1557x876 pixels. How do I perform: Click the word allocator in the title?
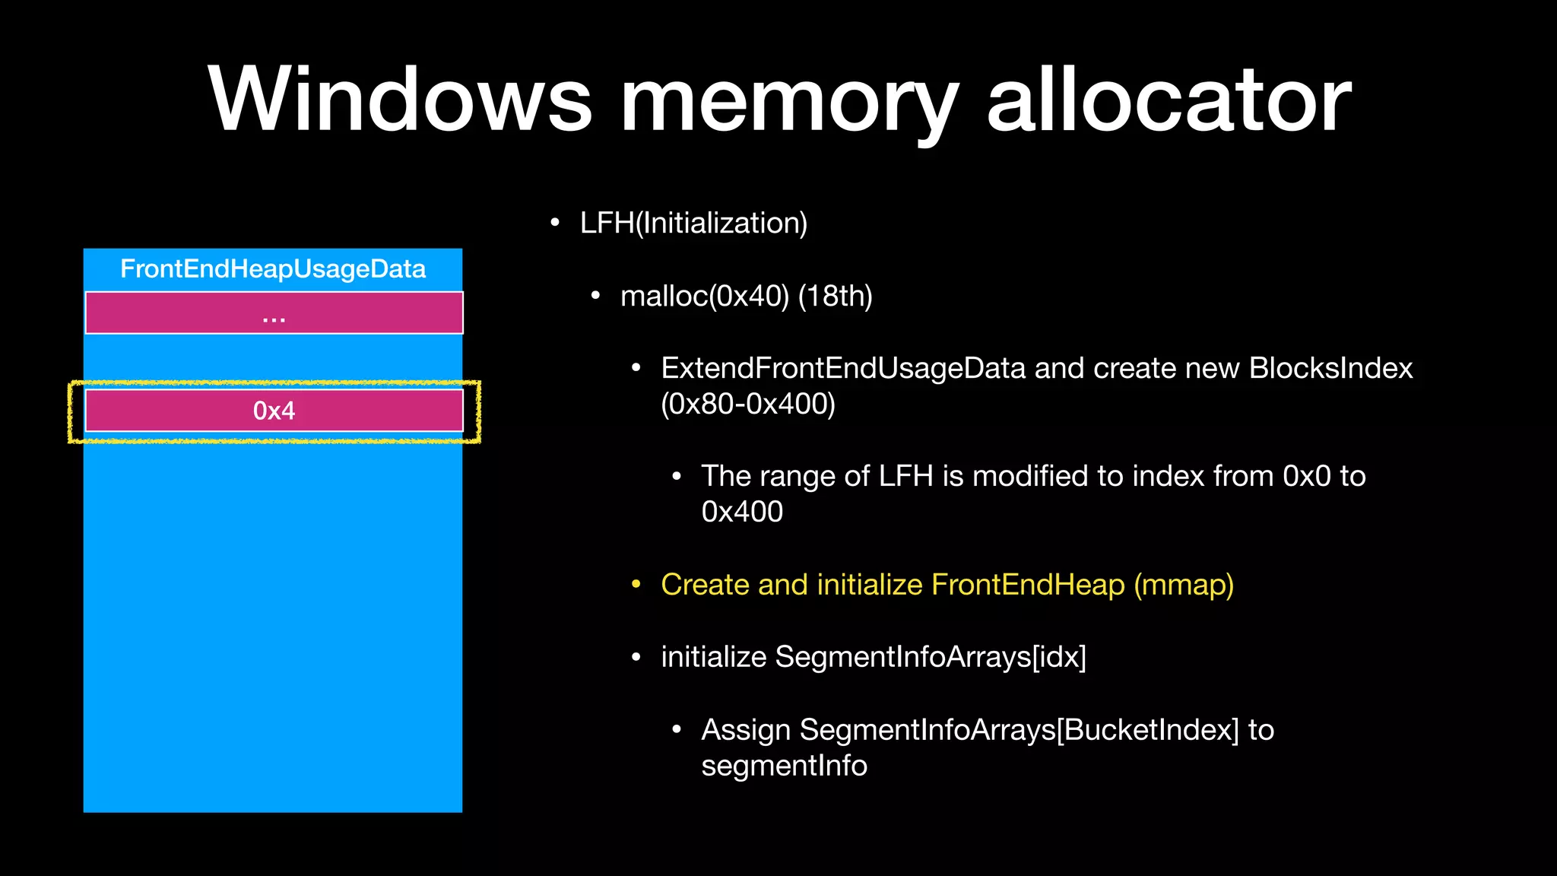[x=1169, y=99]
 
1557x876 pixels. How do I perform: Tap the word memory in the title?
[x=789, y=103]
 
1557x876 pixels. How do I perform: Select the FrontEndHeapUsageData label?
[x=273, y=269]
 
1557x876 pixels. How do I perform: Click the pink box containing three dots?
[x=274, y=313]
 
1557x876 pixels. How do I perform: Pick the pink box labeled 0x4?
[x=274, y=411]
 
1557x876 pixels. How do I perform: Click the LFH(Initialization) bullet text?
[x=693, y=223]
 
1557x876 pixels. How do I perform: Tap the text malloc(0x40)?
[x=705, y=296]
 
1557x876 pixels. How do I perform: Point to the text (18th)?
[x=835, y=296]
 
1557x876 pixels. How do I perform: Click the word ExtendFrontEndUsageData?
[x=843, y=368]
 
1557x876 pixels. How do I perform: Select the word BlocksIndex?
[x=1330, y=368]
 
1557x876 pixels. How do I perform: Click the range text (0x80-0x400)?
[x=748, y=404]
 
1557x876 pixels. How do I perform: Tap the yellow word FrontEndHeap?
[x=1028, y=585]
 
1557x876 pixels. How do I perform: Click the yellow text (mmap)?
[x=1184, y=585]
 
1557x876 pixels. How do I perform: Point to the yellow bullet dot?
[x=636, y=584]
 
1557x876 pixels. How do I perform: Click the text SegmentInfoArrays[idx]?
[x=931, y=657]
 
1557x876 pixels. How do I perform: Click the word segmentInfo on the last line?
[x=784, y=766]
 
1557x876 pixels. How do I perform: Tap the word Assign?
[x=746, y=730]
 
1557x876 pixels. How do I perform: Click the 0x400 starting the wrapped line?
[x=742, y=512]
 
